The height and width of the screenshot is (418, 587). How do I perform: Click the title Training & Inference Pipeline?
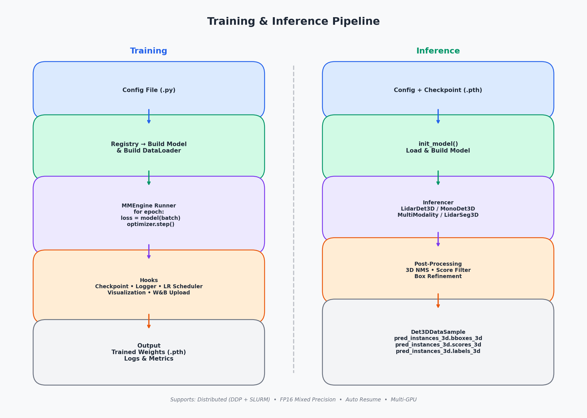(x=293, y=22)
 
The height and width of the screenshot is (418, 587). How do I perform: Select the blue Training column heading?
(x=149, y=51)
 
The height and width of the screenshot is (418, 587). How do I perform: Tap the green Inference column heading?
(x=438, y=51)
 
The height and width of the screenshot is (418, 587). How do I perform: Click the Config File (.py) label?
(x=149, y=90)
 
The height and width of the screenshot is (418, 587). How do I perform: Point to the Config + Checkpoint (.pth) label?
(x=438, y=90)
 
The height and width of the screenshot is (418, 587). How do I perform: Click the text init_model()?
(x=438, y=144)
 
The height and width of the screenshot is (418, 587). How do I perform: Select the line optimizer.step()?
(x=151, y=224)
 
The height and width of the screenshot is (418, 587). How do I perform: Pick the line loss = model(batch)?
(x=151, y=218)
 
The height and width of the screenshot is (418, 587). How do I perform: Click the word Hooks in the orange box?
(x=149, y=280)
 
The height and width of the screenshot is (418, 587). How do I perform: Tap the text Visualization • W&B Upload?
(x=149, y=293)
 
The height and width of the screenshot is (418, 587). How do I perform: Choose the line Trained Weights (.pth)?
(x=149, y=352)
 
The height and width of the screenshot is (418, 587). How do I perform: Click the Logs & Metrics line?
(x=149, y=359)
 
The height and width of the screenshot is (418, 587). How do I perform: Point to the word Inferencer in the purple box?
(x=438, y=203)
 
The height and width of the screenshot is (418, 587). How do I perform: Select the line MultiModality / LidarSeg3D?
(x=438, y=215)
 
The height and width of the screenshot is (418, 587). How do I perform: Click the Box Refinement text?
(x=438, y=276)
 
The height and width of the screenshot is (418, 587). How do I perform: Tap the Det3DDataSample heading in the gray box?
(x=438, y=332)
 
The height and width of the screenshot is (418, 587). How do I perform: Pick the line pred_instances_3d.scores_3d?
(x=438, y=345)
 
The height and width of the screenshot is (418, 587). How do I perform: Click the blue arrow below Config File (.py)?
(x=149, y=116)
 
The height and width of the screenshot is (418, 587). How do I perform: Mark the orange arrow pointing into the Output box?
(x=149, y=321)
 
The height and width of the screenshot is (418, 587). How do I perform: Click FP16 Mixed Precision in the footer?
(x=308, y=400)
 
